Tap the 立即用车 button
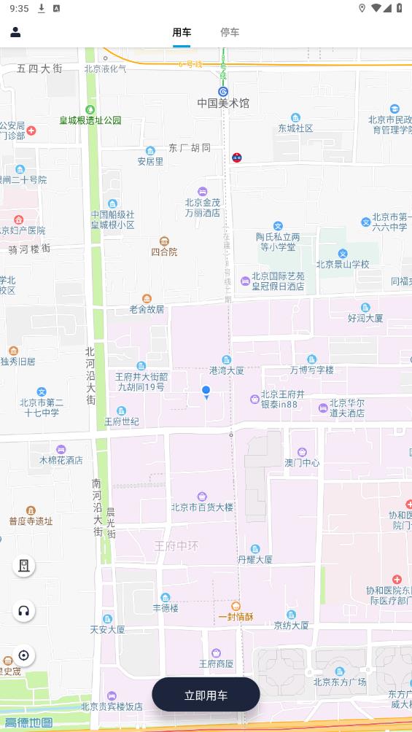(x=206, y=695)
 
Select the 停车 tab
(x=230, y=32)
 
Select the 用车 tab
(x=182, y=32)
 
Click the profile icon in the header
(x=15, y=32)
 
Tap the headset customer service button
(x=23, y=611)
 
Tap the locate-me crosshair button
(x=23, y=655)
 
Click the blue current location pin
(x=206, y=392)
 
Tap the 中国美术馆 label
(x=223, y=104)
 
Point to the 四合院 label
(x=164, y=252)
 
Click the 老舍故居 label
(x=147, y=308)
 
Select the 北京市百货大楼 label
(x=202, y=507)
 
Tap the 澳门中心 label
(x=302, y=462)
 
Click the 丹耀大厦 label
(x=255, y=559)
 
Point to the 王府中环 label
(x=176, y=545)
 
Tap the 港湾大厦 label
(x=227, y=370)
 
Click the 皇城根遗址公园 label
(x=90, y=120)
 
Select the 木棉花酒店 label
(x=61, y=460)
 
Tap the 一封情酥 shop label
(x=236, y=616)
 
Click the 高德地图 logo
(x=28, y=723)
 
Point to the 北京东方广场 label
(x=339, y=682)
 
